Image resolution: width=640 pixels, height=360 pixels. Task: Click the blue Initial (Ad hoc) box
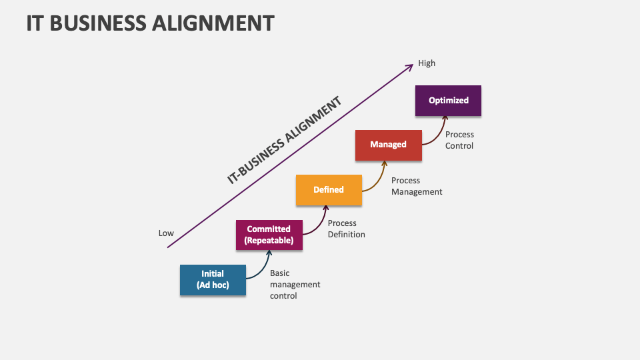[x=213, y=280]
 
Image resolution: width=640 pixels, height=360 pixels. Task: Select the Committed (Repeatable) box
[x=269, y=235]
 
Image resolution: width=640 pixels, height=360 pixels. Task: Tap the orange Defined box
[x=329, y=190]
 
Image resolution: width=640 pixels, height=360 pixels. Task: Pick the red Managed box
[x=388, y=145]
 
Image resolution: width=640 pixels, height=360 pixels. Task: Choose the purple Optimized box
[x=448, y=101]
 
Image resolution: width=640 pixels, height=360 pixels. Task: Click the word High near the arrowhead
[x=427, y=63]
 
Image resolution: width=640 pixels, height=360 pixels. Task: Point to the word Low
[x=166, y=233]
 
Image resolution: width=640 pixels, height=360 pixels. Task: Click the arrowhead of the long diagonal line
[x=409, y=65]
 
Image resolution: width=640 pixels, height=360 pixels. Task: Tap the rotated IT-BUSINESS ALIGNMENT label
[x=285, y=140]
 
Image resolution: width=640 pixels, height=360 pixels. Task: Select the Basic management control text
[x=295, y=285]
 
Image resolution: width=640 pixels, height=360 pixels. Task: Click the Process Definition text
[x=346, y=229]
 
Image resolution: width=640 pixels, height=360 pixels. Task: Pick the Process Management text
[x=416, y=186]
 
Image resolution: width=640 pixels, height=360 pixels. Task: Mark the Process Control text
[x=459, y=140]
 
